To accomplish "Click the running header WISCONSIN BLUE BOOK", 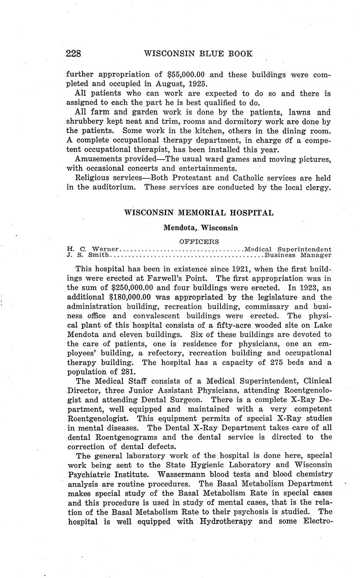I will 198,54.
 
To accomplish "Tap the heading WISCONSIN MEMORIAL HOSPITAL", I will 199,213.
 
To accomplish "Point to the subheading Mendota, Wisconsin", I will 201,228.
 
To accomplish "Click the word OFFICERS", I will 199,242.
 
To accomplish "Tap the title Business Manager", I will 298,255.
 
